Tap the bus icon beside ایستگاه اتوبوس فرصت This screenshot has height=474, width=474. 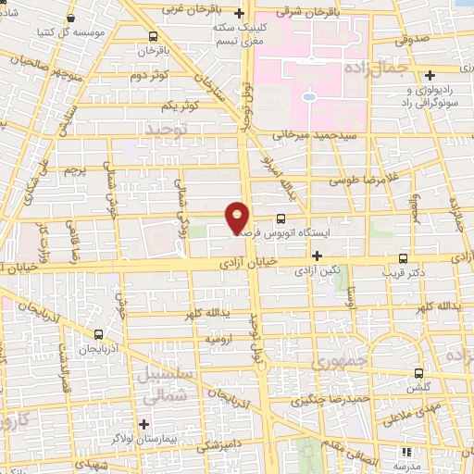[x=281, y=218]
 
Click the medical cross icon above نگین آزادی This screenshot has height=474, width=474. [x=318, y=256]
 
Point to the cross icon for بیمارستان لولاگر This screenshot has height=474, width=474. [x=143, y=423]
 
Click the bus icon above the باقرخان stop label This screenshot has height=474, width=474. [x=153, y=38]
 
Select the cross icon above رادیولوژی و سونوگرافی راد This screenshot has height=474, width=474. [x=430, y=75]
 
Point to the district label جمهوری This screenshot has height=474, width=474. [x=340, y=359]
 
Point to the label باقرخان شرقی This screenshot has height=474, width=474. [x=331, y=12]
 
